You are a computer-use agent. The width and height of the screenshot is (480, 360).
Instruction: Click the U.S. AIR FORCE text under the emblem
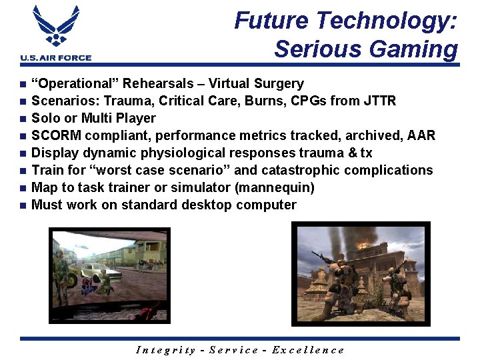(x=56, y=58)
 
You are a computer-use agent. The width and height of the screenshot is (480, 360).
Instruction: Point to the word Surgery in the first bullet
(x=279, y=83)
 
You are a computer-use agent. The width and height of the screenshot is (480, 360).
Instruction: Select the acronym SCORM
(x=55, y=135)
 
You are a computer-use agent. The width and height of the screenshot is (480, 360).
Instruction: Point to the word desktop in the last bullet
(x=195, y=205)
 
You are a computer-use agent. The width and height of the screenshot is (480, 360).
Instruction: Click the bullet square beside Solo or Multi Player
(x=23, y=119)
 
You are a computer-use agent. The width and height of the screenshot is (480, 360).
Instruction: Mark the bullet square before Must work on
(x=23, y=205)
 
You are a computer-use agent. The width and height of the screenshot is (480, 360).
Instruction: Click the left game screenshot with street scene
(x=110, y=274)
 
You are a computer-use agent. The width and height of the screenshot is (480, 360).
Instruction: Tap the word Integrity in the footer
(x=165, y=350)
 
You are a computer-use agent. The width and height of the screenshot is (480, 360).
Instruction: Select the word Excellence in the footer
(x=308, y=350)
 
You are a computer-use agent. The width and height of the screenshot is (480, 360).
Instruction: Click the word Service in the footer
(x=234, y=350)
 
